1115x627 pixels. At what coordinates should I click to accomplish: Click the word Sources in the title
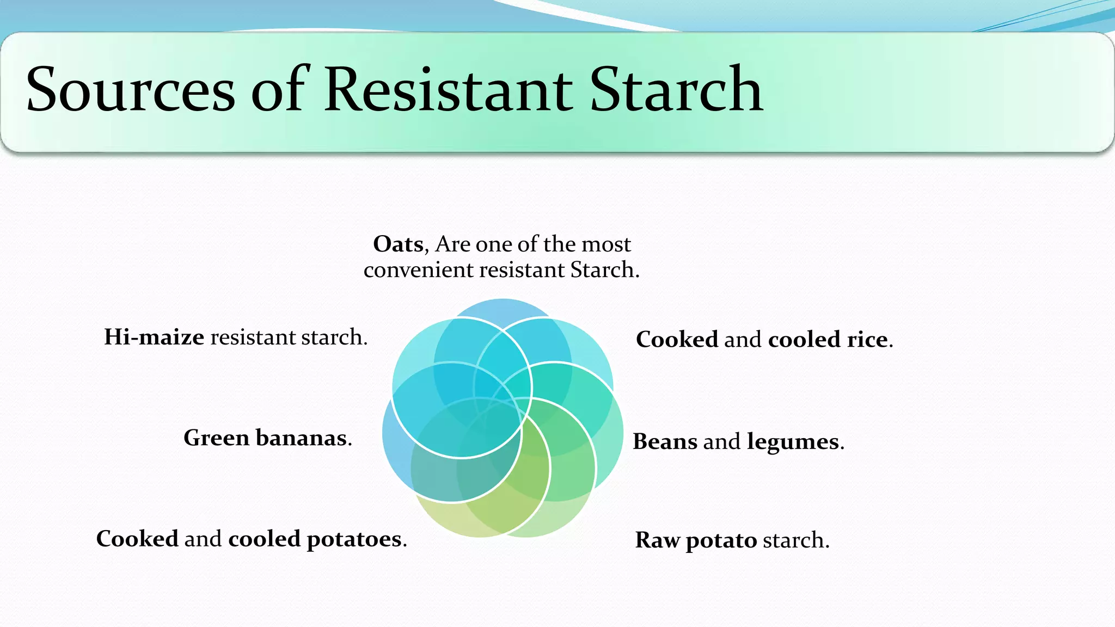131,90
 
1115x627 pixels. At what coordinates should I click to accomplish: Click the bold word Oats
398,244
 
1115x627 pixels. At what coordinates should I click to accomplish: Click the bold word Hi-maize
154,337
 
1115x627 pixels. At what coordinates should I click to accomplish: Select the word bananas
301,438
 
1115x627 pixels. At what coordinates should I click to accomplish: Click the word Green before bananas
216,438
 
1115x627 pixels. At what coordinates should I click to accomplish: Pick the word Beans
665,442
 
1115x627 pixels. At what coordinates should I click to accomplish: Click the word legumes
793,442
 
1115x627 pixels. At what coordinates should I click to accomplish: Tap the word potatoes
354,539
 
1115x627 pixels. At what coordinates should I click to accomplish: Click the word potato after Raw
721,541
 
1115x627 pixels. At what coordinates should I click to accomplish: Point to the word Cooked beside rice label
677,340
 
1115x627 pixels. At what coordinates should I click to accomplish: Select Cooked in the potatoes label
137,539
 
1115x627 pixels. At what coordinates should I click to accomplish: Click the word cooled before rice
804,340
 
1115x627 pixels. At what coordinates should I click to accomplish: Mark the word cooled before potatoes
264,539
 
